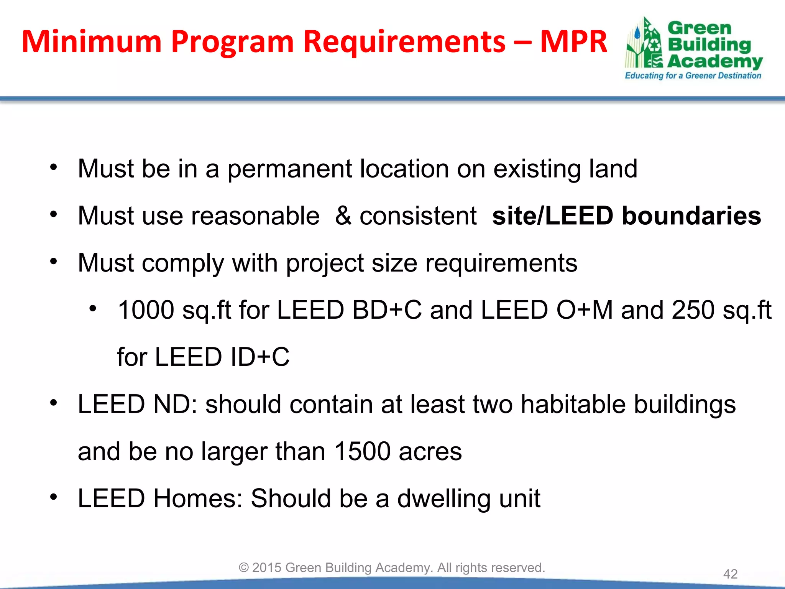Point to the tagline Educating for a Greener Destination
[693, 76]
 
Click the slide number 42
[730, 574]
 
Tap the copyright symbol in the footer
[244, 568]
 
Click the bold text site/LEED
[552, 216]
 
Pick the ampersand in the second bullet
[343, 216]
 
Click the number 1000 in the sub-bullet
[146, 310]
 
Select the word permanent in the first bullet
[289, 169]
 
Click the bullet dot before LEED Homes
[54, 497]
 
